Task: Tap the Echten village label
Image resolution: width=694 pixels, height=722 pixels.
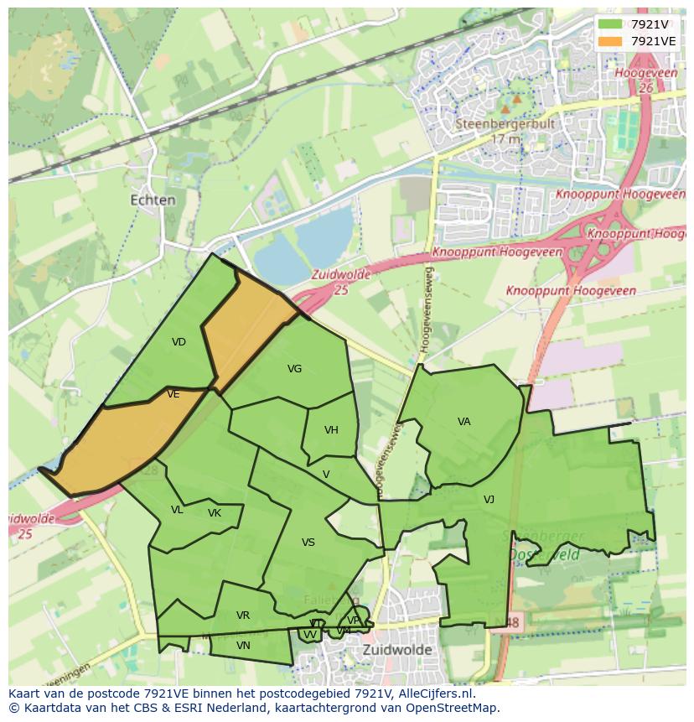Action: tap(153, 200)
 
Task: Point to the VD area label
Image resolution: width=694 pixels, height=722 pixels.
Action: tap(179, 342)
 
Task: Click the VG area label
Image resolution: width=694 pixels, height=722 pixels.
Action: tap(294, 369)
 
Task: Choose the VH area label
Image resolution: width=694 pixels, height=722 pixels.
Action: tap(331, 430)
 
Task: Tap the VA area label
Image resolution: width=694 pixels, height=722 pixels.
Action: tap(464, 422)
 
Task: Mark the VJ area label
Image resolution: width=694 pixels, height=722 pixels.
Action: tap(489, 500)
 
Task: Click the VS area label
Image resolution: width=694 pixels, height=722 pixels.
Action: tap(308, 543)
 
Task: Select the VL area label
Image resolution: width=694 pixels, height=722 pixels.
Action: tap(177, 510)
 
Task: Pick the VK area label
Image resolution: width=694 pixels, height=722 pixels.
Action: tap(215, 513)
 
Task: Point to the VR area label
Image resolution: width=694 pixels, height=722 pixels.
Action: tap(243, 616)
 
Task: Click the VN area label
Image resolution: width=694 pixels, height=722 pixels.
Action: tap(243, 646)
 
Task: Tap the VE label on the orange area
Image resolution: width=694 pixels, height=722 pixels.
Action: tap(173, 395)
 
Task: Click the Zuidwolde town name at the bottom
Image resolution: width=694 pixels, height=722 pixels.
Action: tap(397, 650)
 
